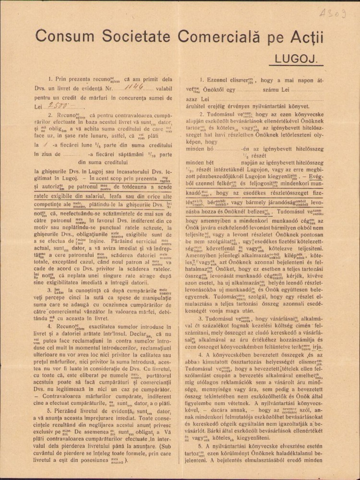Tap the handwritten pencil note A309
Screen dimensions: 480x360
(x=333, y=13)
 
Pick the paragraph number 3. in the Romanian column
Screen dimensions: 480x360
(x=50, y=290)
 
